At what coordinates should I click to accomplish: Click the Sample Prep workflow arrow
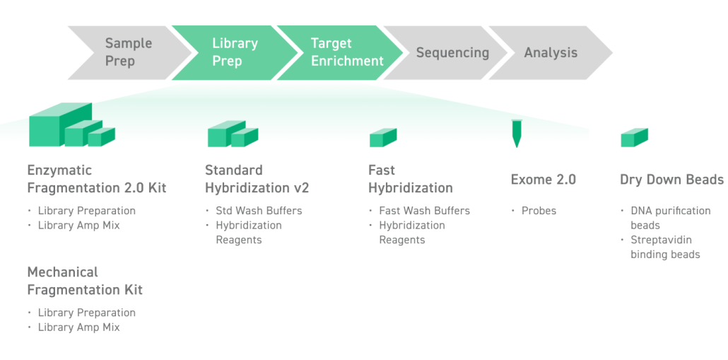[x=127, y=52]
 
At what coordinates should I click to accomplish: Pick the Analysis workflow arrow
[x=551, y=52]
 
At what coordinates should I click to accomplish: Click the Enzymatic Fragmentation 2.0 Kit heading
[x=96, y=179]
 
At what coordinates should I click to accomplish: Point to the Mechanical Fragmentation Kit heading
[x=85, y=281]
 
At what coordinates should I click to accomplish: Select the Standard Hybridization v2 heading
[x=257, y=179]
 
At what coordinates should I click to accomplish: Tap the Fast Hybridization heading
[x=410, y=179]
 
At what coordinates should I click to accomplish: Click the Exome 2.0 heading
[x=543, y=180]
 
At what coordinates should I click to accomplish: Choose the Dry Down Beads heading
[x=671, y=180]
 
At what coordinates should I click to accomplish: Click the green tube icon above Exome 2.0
[x=516, y=133]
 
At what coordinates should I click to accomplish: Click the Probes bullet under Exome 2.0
[x=539, y=211]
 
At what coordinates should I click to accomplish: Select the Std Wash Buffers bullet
[x=259, y=211]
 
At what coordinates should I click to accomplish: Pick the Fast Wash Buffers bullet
[x=424, y=211]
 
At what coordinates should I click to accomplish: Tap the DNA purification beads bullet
[x=670, y=218]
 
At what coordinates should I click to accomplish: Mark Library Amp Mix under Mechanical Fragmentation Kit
[x=78, y=327]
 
